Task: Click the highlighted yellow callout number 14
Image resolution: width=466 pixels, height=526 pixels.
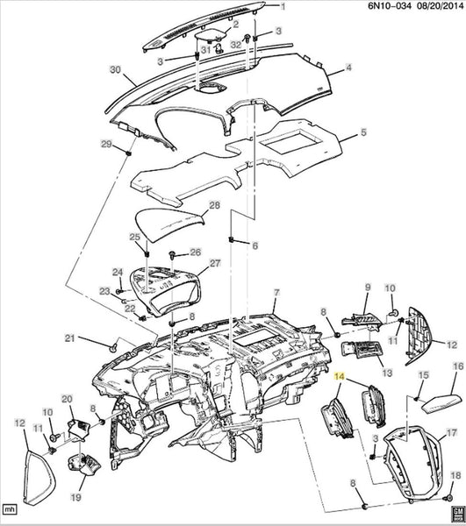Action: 340,377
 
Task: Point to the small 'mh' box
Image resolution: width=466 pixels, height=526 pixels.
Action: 10,509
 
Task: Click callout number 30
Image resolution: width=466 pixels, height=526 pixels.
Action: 115,70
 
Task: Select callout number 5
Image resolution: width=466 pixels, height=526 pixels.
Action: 363,131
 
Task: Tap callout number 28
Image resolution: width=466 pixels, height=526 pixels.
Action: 214,205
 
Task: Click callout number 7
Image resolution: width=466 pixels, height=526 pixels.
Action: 276,293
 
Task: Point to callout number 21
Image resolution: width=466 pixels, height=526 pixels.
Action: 69,338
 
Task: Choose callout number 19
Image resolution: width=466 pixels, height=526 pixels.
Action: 76,497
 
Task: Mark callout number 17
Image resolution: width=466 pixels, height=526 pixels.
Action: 452,433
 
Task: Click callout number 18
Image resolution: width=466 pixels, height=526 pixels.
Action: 455,475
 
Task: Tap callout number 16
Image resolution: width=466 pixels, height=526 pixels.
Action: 458,366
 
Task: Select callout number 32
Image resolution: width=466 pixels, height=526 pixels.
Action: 236,45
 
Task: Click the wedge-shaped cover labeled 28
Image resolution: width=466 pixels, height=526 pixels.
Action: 169,224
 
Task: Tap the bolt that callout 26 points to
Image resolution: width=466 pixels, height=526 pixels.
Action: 173,255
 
